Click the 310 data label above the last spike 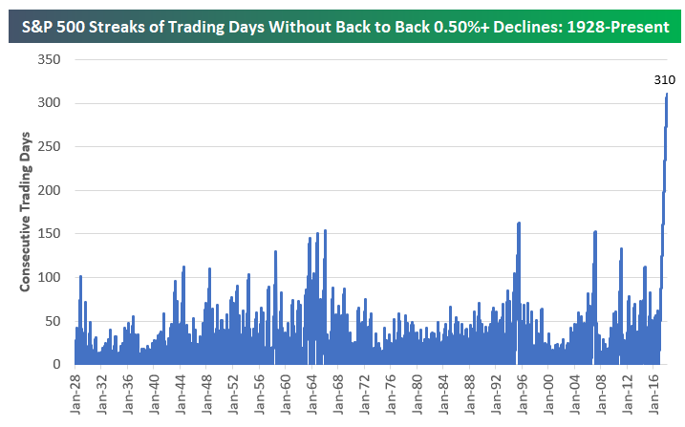tap(664, 78)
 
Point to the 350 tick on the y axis tap(50, 59)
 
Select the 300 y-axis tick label tap(50, 103)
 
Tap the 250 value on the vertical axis tap(50, 146)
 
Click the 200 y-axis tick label tap(50, 190)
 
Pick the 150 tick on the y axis tap(50, 234)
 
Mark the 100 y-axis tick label tap(50, 277)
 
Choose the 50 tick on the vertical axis tap(54, 321)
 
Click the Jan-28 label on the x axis tap(75, 391)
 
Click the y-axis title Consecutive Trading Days tap(26, 211)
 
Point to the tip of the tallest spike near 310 tap(667, 94)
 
